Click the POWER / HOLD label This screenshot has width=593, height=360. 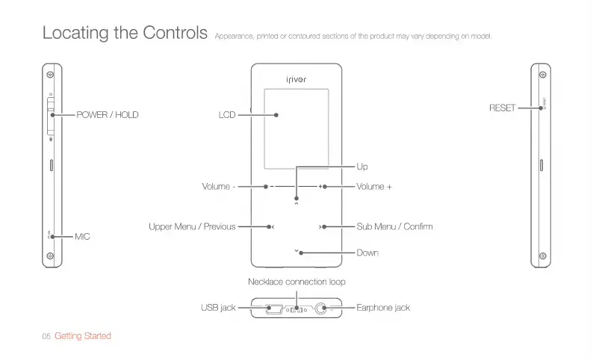coord(108,115)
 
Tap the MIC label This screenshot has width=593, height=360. coord(82,236)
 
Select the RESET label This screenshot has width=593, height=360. coord(502,108)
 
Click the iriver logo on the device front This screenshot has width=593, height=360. coord(296,79)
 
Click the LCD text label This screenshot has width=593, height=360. coord(227,115)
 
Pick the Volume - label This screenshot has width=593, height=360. coord(219,186)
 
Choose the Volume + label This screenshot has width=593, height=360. coord(374,186)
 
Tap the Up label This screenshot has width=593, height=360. coord(362,166)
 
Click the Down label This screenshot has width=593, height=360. coord(367,252)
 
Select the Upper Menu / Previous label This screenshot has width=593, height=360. coord(192,226)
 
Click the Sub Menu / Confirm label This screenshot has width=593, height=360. coord(394,226)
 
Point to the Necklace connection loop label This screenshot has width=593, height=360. coord(296,282)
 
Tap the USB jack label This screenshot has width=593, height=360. coord(218,308)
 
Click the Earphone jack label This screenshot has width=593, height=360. coord(383,308)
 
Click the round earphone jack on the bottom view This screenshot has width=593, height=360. coord(323,308)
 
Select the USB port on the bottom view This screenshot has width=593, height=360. coord(273,308)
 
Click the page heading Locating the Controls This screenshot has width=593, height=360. coord(125,33)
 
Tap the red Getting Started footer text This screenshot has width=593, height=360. coord(83,336)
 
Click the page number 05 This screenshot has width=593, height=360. coord(46,337)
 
